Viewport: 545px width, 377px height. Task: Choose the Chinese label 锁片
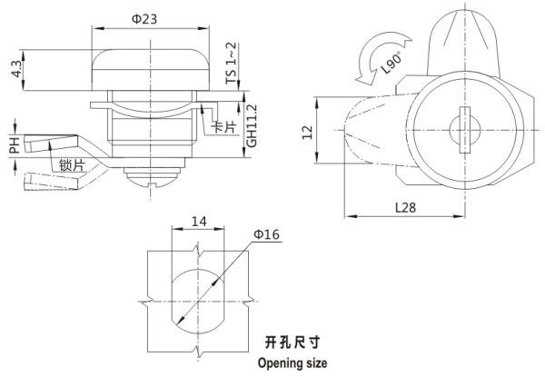point(73,164)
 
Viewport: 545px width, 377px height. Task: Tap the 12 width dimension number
point(311,133)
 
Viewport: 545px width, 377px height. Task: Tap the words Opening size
point(292,362)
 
